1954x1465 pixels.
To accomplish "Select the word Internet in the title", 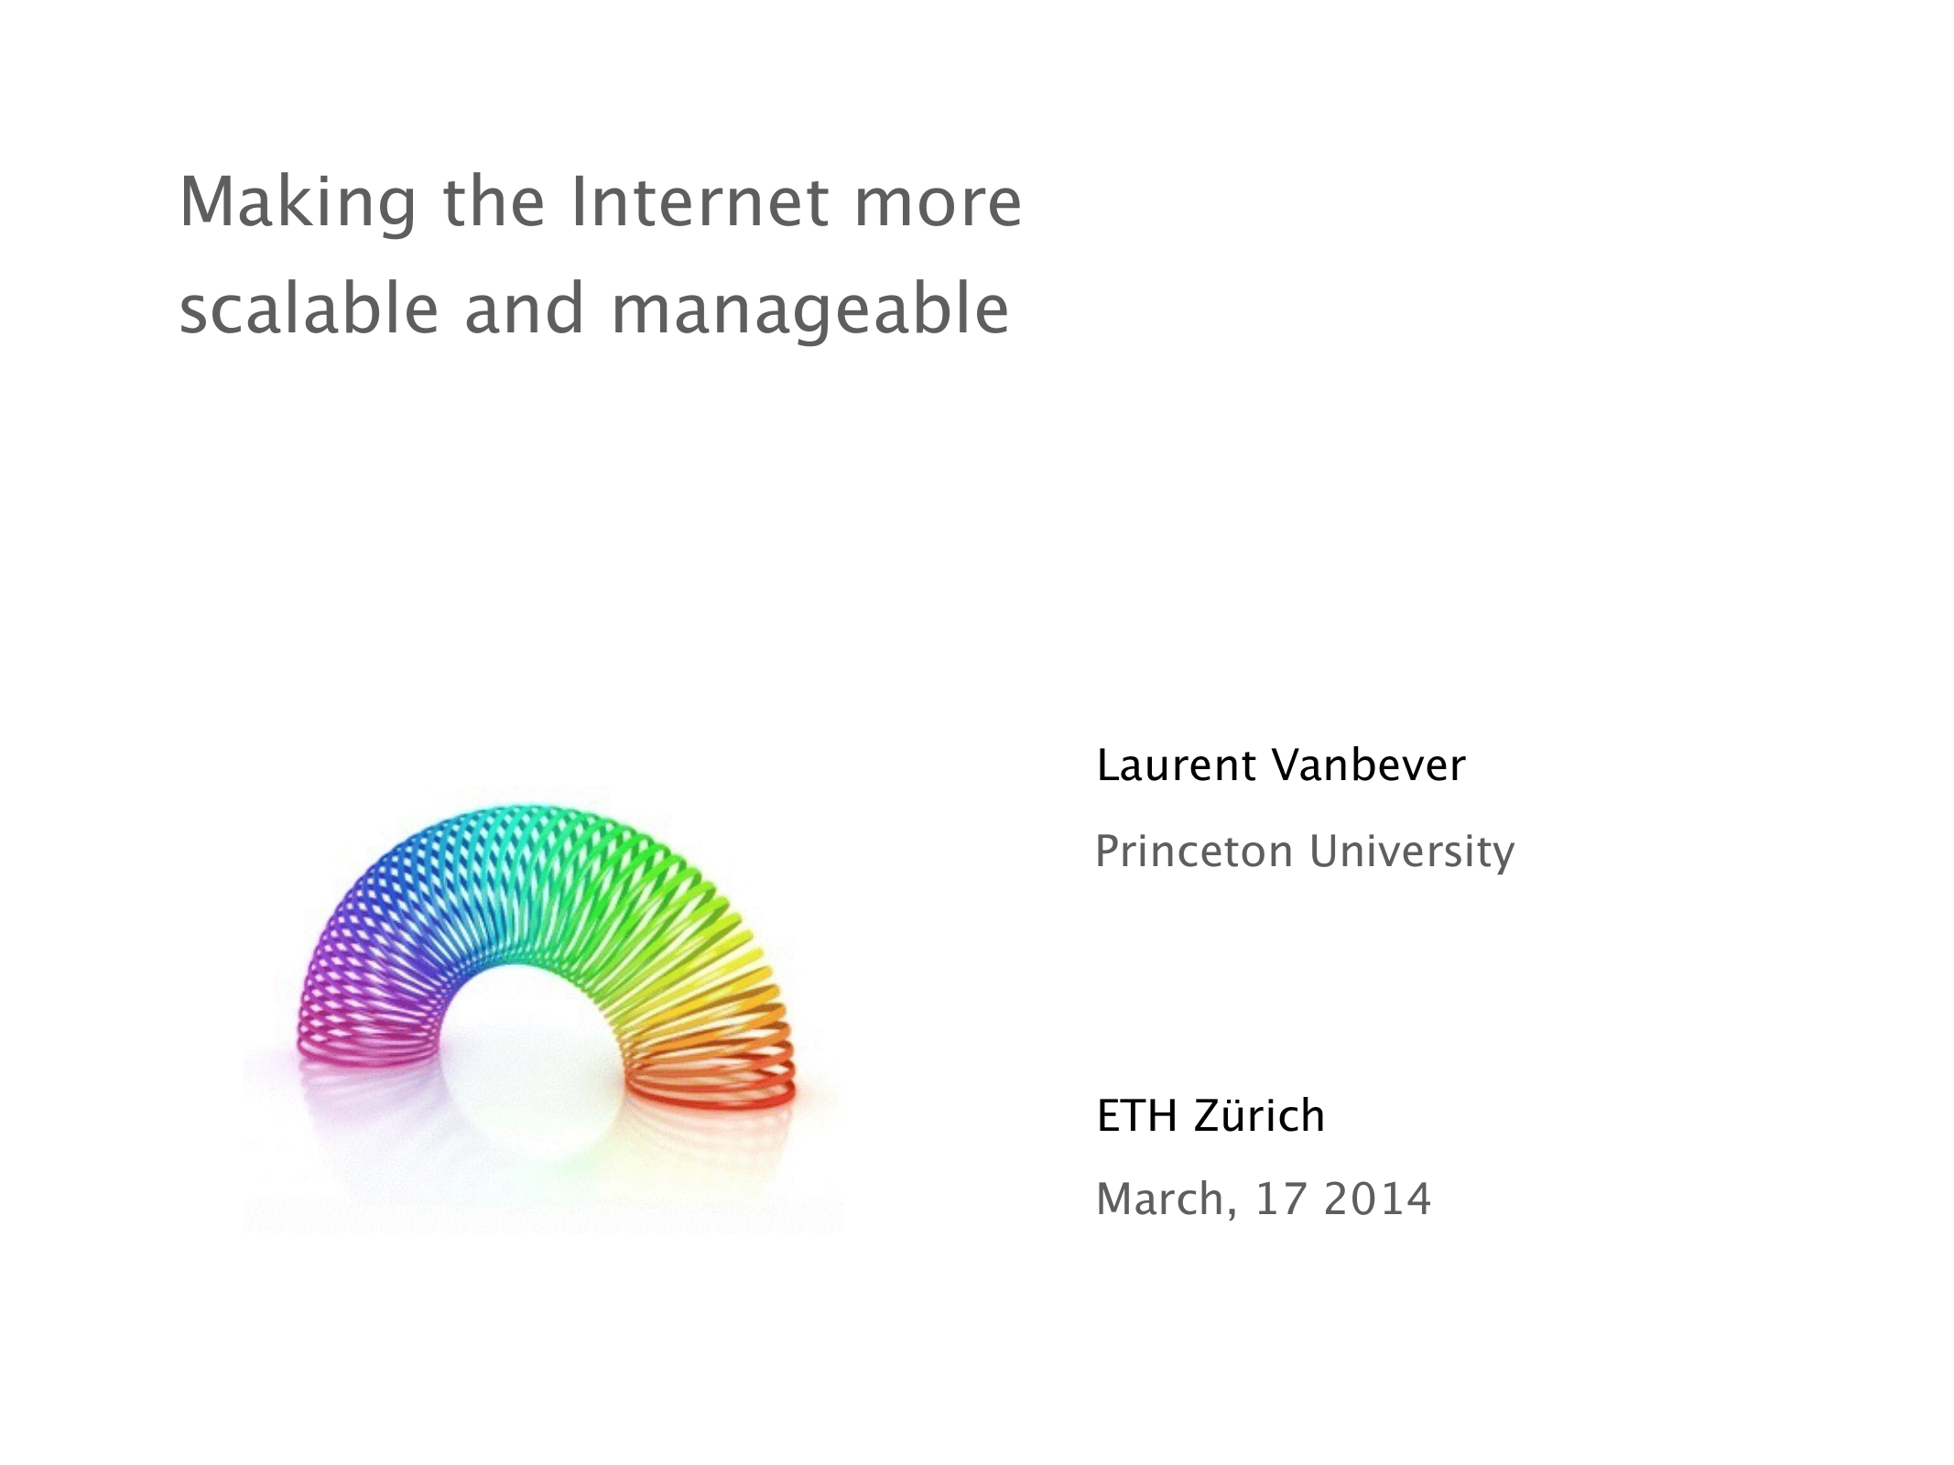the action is pyautogui.click(x=699, y=201).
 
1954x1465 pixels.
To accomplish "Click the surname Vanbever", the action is pyautogui.click(x=1370, y=765).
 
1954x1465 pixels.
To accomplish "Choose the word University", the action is pyautogui.click(x=1412, y=853).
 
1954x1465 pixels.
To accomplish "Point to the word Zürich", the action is pyautogui.click(x=1259, y=1115).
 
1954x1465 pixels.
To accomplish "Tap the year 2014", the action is pyautogui.click(x=1377, y=1199).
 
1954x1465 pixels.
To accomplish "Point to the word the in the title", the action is pyautogui.click(x=494, y=201).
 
